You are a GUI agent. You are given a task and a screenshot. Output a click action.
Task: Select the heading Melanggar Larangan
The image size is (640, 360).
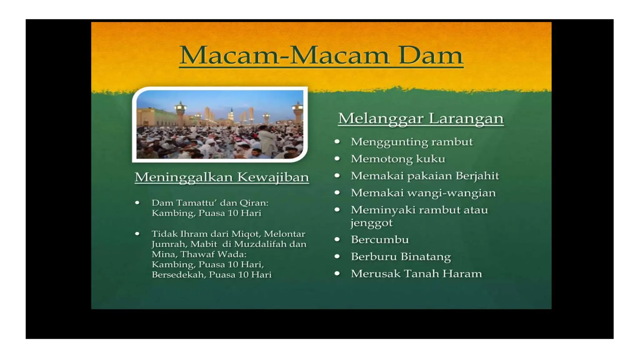point(421,118)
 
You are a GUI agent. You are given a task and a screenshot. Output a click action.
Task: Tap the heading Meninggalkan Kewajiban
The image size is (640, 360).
point(222,177)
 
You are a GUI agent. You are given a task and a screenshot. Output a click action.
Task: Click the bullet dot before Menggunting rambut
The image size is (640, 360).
point(337,142)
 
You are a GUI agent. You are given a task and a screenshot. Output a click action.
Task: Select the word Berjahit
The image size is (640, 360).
point(477,176)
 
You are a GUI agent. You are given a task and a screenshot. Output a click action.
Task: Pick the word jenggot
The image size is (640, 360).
point(371,223)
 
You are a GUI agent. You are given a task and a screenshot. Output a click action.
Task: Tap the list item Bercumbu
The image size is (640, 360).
point(380,240)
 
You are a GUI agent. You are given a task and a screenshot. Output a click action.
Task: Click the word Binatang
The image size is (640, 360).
point(426,257)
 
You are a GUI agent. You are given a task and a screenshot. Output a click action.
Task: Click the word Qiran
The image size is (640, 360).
point(253,203)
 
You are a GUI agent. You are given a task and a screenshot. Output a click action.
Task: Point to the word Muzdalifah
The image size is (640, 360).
point(260,244)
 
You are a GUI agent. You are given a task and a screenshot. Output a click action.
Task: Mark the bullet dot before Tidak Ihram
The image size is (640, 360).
point(137,234)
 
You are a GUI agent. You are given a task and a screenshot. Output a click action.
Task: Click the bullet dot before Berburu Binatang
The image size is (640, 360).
point(337,257)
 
